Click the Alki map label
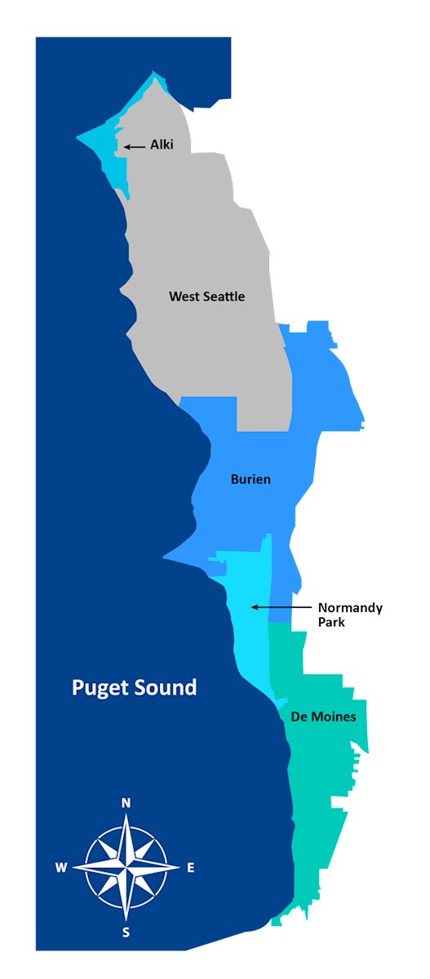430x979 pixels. (x=162, y=145)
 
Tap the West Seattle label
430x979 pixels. (x=206, y=296)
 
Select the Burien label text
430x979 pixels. (x=250, y=479)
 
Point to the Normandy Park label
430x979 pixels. (x=349, y=615)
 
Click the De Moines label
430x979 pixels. (x=323, y=717)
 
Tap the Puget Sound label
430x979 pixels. (x=134, y=687)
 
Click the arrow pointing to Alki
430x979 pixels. (x=135, y=147)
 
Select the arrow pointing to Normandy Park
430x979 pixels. (x=282, y=607)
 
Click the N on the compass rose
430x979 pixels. (x=126, y=803)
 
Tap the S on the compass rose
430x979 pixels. (x=126, y=933)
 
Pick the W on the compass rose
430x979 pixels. (x=61, y=868)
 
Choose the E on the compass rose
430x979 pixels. (x=191, y=868)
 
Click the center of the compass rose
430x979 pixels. (x=126, y=868)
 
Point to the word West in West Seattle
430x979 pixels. (x=182, y=296)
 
